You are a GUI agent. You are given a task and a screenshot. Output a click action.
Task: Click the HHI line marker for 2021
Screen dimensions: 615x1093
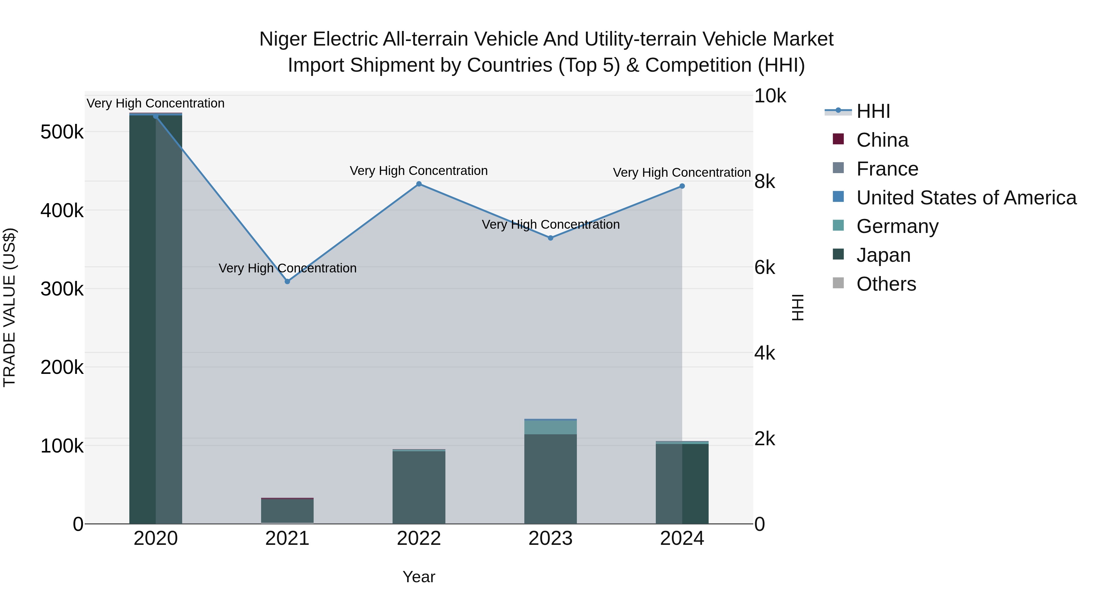tap(287, 282)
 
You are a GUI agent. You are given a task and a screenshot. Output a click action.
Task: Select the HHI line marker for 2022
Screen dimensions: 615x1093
tap(419, 184)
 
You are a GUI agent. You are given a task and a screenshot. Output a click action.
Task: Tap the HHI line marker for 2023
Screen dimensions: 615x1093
tap(550, 238)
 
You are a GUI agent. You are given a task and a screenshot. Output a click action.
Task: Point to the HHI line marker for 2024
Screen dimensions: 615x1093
tap(682, 186)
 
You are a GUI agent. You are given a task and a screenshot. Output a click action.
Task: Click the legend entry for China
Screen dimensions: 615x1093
tap(882, 140)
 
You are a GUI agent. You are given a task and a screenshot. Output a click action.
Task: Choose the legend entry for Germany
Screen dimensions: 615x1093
tap(897, 226)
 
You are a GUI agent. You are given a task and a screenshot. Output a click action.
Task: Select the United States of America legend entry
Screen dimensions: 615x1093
tap(966, 198)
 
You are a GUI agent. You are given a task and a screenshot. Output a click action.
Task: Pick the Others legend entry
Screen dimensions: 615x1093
tap(886, 284)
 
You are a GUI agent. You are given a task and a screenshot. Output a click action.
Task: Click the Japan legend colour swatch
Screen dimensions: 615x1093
tap(838, 254)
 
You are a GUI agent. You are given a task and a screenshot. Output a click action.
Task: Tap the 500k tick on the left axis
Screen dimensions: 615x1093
tap(62, 132)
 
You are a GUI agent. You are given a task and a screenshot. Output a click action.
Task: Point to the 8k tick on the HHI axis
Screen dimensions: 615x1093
tap(764, 182)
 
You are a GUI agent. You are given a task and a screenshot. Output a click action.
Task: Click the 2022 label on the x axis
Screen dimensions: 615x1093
tap(419, 538)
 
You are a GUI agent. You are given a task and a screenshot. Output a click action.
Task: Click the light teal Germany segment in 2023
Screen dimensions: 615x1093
tap(550, 427)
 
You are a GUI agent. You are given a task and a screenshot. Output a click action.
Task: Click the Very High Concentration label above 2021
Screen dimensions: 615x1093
tap(287, 268)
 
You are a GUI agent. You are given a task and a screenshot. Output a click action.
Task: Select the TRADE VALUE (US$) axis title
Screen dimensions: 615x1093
tap(9, 307)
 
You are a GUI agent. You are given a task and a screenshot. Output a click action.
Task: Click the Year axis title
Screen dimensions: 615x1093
tap(419, 577)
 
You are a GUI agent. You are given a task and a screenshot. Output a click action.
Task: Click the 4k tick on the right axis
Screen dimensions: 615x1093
tap(764, 353)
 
